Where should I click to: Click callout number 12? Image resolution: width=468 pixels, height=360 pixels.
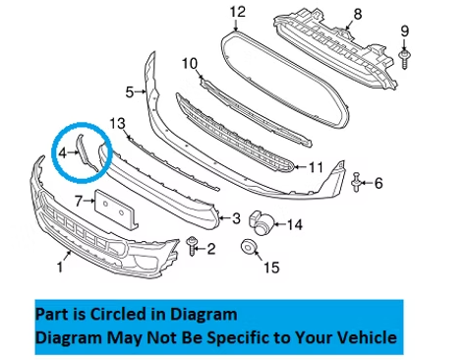tap(236, 12)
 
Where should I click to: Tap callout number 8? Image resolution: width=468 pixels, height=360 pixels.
tap(357, 14)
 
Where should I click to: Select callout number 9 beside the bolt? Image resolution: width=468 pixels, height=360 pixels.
tap(404, 32)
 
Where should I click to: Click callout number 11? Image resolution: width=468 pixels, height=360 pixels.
tap(315, 167)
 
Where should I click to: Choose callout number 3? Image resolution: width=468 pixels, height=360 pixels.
tap(235, 218)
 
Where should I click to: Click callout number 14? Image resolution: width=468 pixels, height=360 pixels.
tap(295, 224)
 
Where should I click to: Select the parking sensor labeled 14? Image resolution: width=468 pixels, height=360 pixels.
tap(261, 221)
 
